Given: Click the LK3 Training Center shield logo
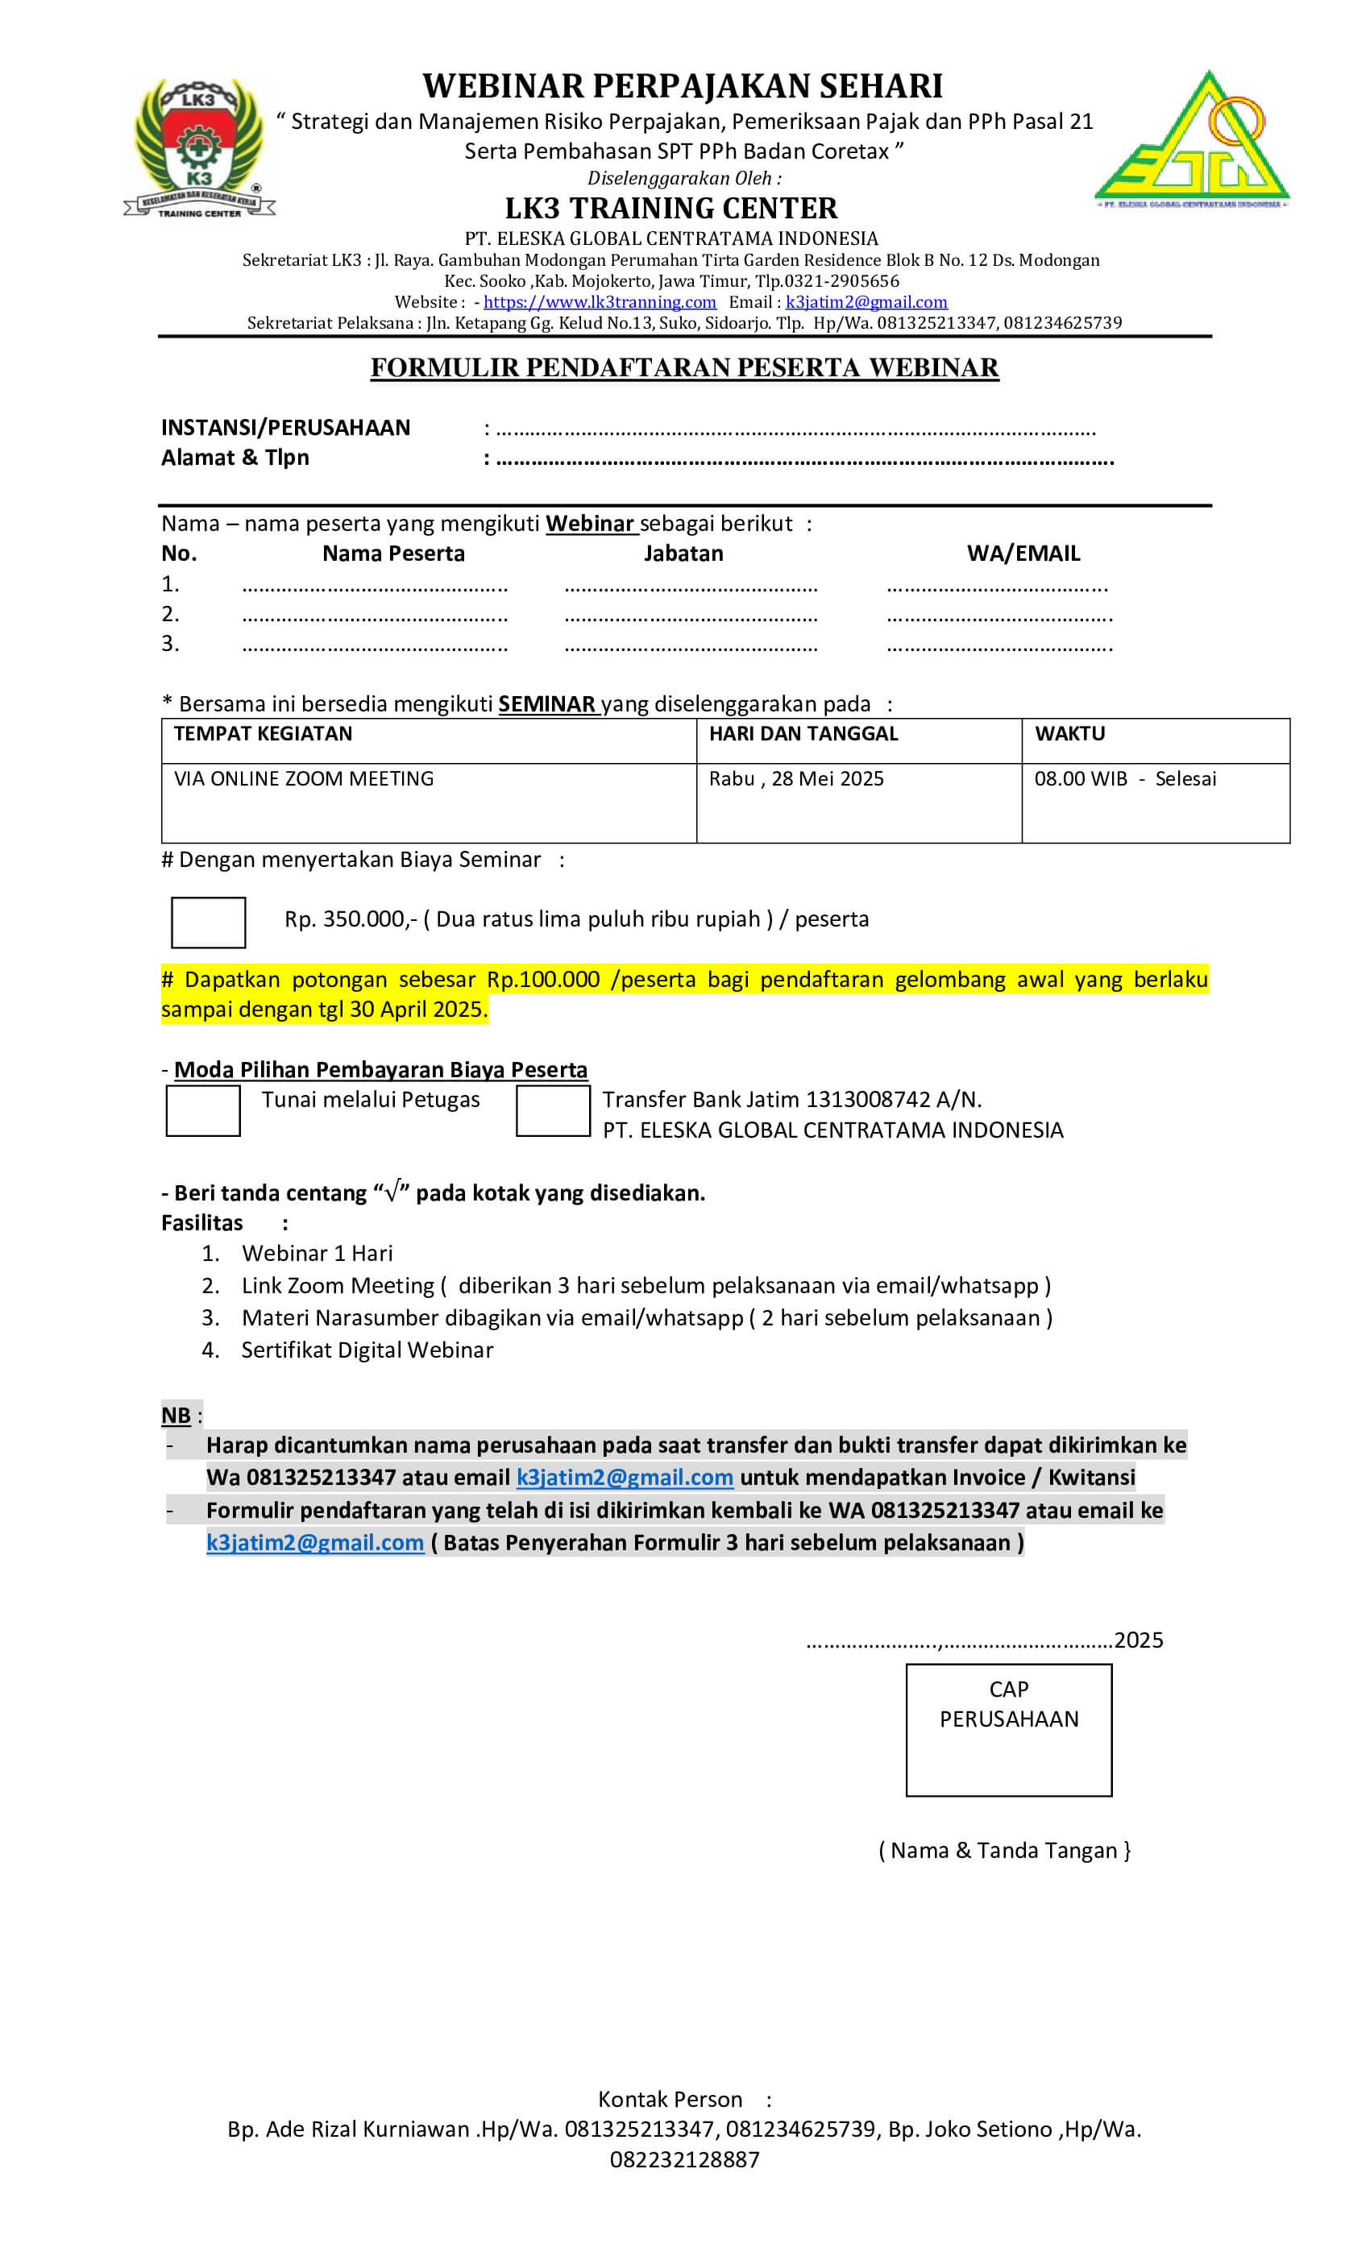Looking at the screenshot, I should click(x=199, y=147).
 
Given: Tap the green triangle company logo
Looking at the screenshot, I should click(x=1191, y=140).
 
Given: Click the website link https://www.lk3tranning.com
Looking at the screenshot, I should click(x=599, y=302).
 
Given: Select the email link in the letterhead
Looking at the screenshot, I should click(x=866, y=302).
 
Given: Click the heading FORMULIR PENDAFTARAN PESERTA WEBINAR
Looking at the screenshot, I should click(x=684, y=367).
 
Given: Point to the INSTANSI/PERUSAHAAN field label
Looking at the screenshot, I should click(x=286, y=428).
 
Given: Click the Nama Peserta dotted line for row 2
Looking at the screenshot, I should click(x=375, y=617).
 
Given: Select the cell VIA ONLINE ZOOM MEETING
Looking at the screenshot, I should click(x=304, y=778).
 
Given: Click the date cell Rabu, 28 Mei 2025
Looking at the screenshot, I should click(x=796, y=778).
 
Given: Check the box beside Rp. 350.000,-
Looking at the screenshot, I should click(x=208, y=922).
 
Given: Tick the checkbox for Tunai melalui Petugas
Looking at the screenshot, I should click(x=202, y=1109).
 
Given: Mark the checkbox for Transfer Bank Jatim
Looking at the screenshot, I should click(x=552, y=1109).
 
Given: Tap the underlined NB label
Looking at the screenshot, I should click(x=176, y=1415).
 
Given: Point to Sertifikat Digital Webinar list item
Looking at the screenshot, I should click(x=367, y=1350).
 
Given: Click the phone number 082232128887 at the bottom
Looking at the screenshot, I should click(x=684, y=2159).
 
